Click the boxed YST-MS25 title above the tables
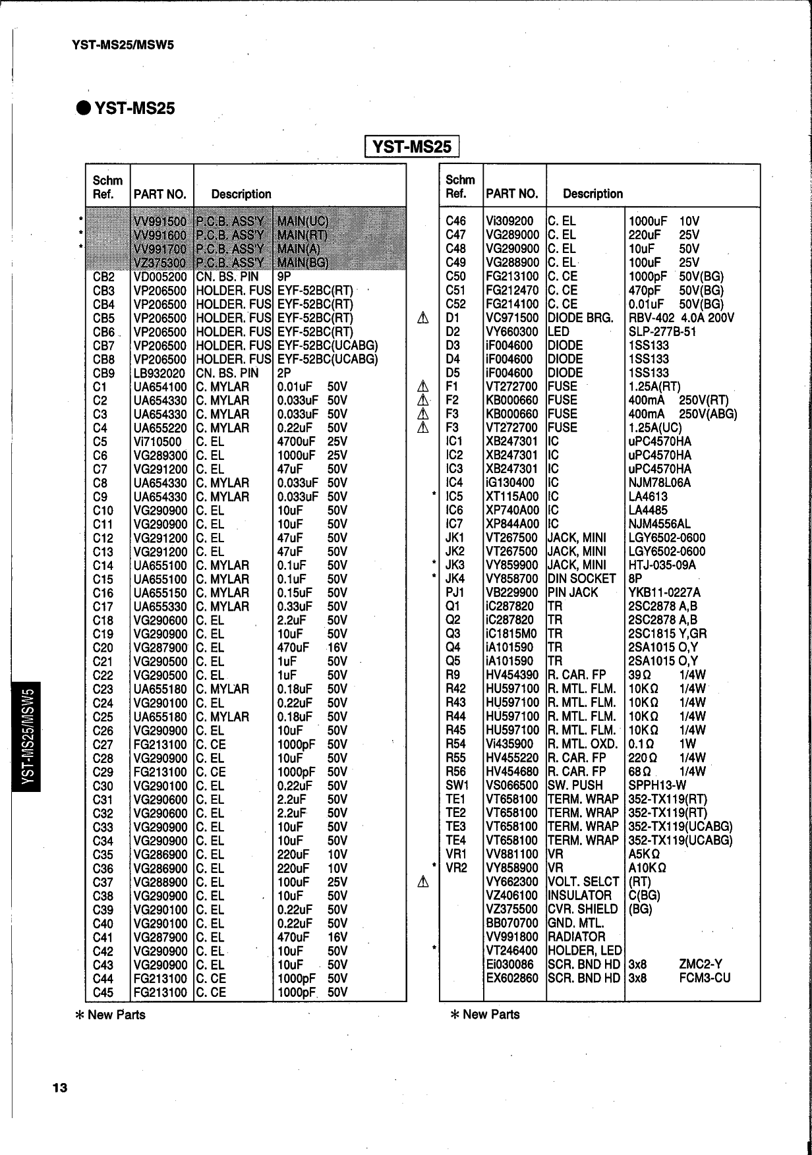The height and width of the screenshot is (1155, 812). click(x=412, y=146)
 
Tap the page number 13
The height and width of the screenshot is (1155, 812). click(x=59, y=1088)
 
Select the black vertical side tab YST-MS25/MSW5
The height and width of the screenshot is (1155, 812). click(x=27, y=736)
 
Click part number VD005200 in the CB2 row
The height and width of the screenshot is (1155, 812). click(x=160, y=277)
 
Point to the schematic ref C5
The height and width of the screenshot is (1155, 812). click(x=100, y=442)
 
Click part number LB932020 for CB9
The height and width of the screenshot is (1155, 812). click(x=160, y=374)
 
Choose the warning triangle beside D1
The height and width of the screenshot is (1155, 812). click(x=424, y=318)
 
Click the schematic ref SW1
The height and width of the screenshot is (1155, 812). click(x=457, y=785)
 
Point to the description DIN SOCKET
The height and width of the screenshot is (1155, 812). click(x=582, y=579)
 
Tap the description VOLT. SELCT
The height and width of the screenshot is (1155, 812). click(x=583, y=882)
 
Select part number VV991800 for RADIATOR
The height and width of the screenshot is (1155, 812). click(x=512, y=937)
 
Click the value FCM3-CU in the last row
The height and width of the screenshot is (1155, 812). click(x=705, y=978)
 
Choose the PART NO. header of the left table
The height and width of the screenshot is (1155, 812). click(x=160, y=194)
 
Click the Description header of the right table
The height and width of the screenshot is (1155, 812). click(x=593, y=194)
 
